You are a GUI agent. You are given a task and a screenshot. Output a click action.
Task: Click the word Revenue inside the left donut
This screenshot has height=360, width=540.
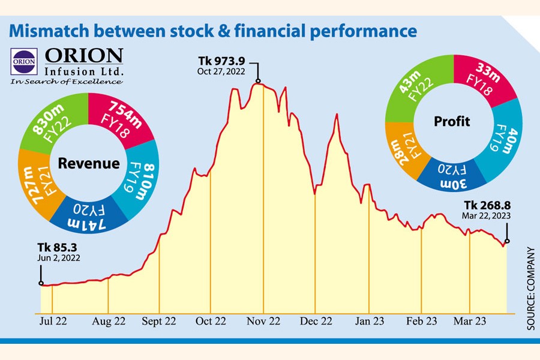[89, 163]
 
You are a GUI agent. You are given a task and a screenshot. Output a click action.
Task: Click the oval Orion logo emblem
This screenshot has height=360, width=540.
[24, 61]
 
